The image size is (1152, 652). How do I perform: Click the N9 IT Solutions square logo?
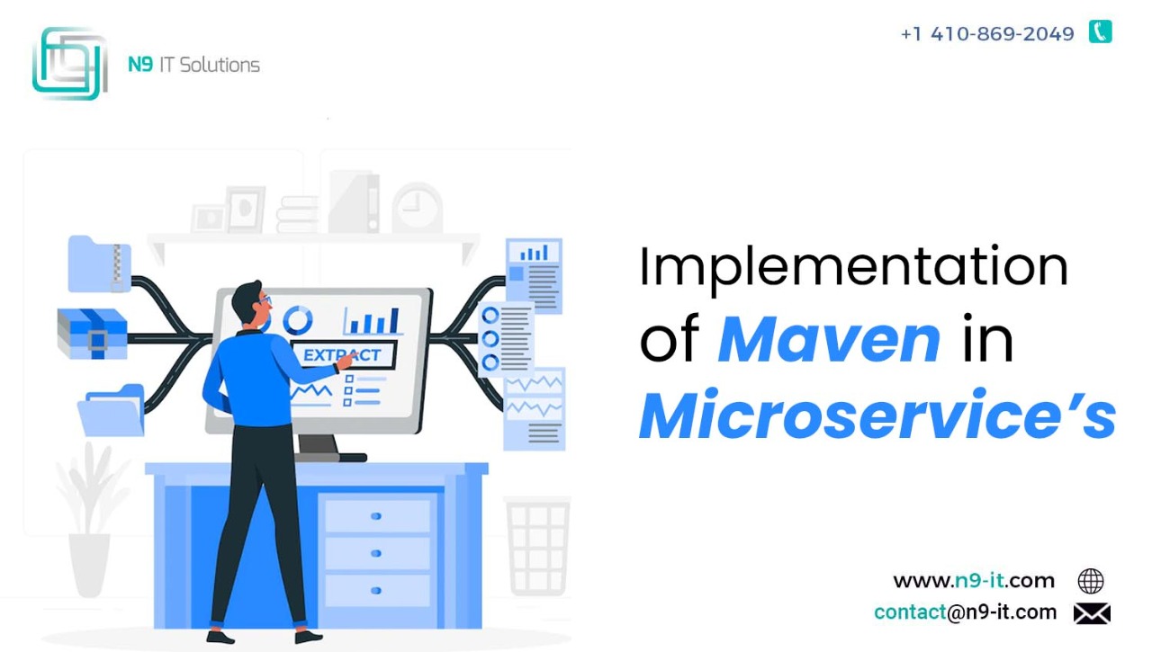70,63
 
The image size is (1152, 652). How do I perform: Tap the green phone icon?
1100,31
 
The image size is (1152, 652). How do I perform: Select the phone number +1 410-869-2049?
987,34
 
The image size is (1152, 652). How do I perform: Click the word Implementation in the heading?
854,268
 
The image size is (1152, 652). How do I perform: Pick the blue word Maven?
829,340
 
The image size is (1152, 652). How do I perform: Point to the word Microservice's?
877,415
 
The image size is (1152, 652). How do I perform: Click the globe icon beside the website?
1091,581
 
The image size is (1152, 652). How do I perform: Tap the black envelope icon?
1092,613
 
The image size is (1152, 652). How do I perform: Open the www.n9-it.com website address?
974,581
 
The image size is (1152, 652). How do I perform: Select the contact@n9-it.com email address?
966,612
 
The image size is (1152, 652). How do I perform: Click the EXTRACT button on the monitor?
343,354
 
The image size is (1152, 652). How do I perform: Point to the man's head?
250,304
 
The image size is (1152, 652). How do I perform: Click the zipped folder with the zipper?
99,263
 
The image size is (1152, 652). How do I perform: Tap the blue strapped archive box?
93,334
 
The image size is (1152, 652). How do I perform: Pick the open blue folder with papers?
112,410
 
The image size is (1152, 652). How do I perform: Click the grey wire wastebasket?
538,546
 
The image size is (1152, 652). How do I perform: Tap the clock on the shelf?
417,208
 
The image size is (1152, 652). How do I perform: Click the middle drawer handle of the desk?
376,553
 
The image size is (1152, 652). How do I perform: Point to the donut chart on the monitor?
297,319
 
